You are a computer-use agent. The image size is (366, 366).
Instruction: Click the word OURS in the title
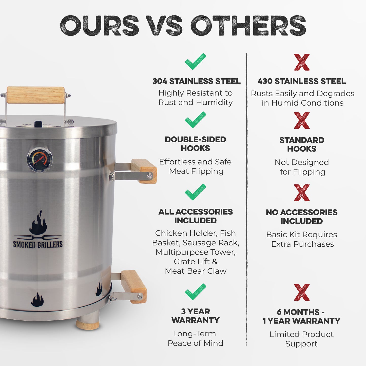coord(100,26)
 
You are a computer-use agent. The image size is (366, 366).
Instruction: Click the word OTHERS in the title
coord(248,26)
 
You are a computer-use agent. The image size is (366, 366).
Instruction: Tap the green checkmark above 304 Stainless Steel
coord(195,62)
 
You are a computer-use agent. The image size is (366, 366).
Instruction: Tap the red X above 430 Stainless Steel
coord(302,62)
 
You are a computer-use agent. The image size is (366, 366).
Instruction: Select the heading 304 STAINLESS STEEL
coord(196,81)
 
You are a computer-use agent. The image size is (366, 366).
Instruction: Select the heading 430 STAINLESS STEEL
coord(302,81)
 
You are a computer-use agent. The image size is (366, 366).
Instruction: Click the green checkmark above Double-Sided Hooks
coord(195,120)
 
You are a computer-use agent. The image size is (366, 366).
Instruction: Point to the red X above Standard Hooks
coord(302,121)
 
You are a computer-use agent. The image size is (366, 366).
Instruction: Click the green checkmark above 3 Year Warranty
coord(195,292)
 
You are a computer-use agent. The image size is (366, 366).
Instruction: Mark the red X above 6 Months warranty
coord(302,292)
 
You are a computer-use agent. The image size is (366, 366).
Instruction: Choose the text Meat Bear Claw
coord(196,271)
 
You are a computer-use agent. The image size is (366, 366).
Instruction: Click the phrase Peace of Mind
coord(195,343)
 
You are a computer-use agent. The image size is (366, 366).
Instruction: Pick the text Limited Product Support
coord(301,339)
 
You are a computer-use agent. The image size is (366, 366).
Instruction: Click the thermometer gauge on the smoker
coord(40,159)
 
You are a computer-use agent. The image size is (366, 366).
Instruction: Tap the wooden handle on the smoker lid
coord(35,95)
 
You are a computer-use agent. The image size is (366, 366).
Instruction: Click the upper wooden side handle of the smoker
coord(144,171)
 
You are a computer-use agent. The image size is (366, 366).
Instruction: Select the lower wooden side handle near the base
coord(133,286)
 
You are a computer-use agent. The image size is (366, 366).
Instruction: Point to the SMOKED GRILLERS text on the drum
coord(38,244)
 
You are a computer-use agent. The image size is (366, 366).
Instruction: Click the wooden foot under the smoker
coord(87,324)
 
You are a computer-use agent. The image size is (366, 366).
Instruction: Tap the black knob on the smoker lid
coord(38,124)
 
